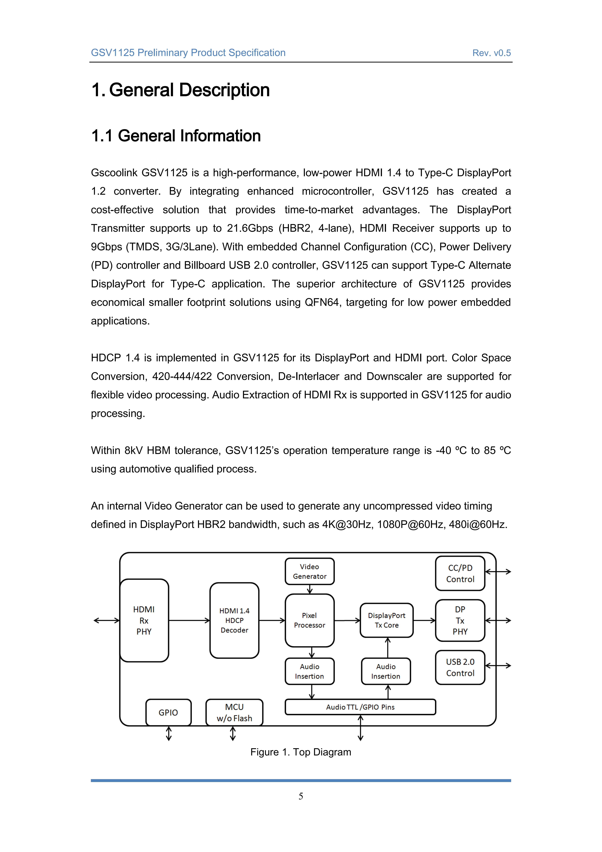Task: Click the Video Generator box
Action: pos(310,571)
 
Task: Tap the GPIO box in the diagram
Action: pos(168,712)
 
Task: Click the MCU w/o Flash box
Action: pos(234,712)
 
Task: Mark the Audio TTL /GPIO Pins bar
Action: pos(360,707)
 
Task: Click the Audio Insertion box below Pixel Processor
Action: pos(310,671)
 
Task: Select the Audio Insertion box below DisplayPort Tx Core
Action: pos(386,671)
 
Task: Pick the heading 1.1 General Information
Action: pos(176,136)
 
